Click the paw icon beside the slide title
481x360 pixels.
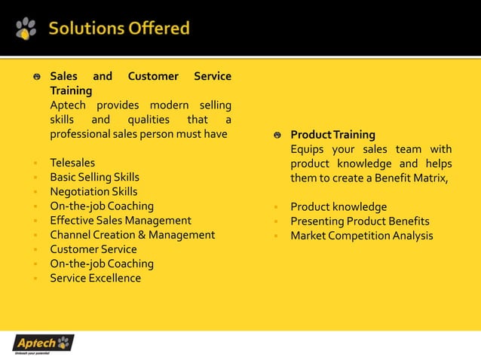pyautogui.click(x=26, y=29)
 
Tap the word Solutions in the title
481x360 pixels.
pyautogui.click(x=82, y=29)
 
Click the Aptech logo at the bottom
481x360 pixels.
pyautogui.click(x=44, y=343)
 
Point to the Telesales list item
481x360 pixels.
pyautogui.click(x=72, y=163)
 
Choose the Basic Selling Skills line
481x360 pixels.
pyautogui.click(x=94, y=177)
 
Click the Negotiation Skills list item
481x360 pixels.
pyautogui.click(x=93, y=191)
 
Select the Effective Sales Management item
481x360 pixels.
pyautogui.click(x=121, y=221)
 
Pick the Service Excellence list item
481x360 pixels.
pyautogui.click(x=95, y=278)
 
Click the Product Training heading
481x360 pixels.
pyautogui.click(x=332, y=135)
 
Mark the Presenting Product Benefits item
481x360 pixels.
pyautogui.click(x=360, y=221)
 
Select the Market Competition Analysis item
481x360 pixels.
pyautogui.click(x=362, y=236)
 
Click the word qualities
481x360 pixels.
pyautogui.click(x=149, y=120)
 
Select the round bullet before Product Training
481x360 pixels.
pyautogui.click(x=277, y=136)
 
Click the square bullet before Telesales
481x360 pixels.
pyautogui.click(x=35, y=163)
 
